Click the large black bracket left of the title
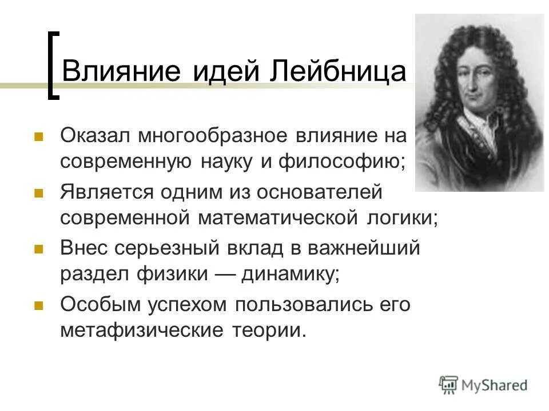53,65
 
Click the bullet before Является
39,194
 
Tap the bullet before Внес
39,249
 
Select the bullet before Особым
39,305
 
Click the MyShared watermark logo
483,385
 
